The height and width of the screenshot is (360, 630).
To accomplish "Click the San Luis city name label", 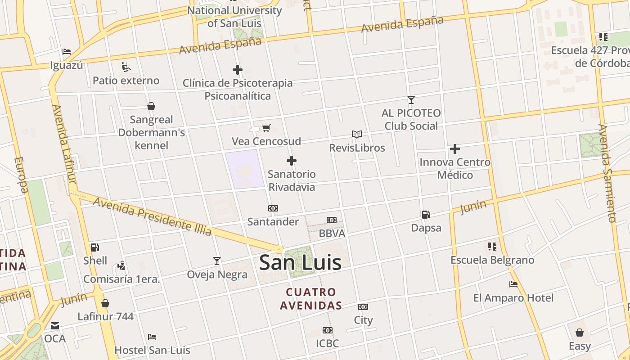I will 300,263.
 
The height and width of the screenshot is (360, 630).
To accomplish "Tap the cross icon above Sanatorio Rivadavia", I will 292,161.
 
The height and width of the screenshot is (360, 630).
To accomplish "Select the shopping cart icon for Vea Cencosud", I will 266,128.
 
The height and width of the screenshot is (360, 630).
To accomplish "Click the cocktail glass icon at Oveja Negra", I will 217,261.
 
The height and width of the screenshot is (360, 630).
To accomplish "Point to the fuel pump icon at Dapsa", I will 426,215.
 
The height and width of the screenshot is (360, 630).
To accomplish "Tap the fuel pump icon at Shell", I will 94,247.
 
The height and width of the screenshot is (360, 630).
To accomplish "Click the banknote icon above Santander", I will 273,208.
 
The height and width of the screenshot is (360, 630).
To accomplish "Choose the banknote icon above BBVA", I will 332,220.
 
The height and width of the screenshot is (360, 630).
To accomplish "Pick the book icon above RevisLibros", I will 357,134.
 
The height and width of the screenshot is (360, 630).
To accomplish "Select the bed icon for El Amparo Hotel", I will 513,284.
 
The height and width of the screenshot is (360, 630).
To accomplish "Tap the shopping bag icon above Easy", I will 580,333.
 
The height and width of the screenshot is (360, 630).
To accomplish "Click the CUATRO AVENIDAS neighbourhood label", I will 310,299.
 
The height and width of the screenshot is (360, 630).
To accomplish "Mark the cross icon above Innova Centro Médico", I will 455,149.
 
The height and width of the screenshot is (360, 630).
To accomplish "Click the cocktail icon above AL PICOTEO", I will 411,100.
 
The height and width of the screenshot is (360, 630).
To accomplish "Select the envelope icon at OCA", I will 55,326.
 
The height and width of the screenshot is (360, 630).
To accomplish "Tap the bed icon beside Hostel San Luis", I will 152,337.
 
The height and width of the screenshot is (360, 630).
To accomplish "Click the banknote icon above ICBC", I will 328,330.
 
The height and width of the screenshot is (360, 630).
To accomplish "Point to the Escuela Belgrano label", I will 492,260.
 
